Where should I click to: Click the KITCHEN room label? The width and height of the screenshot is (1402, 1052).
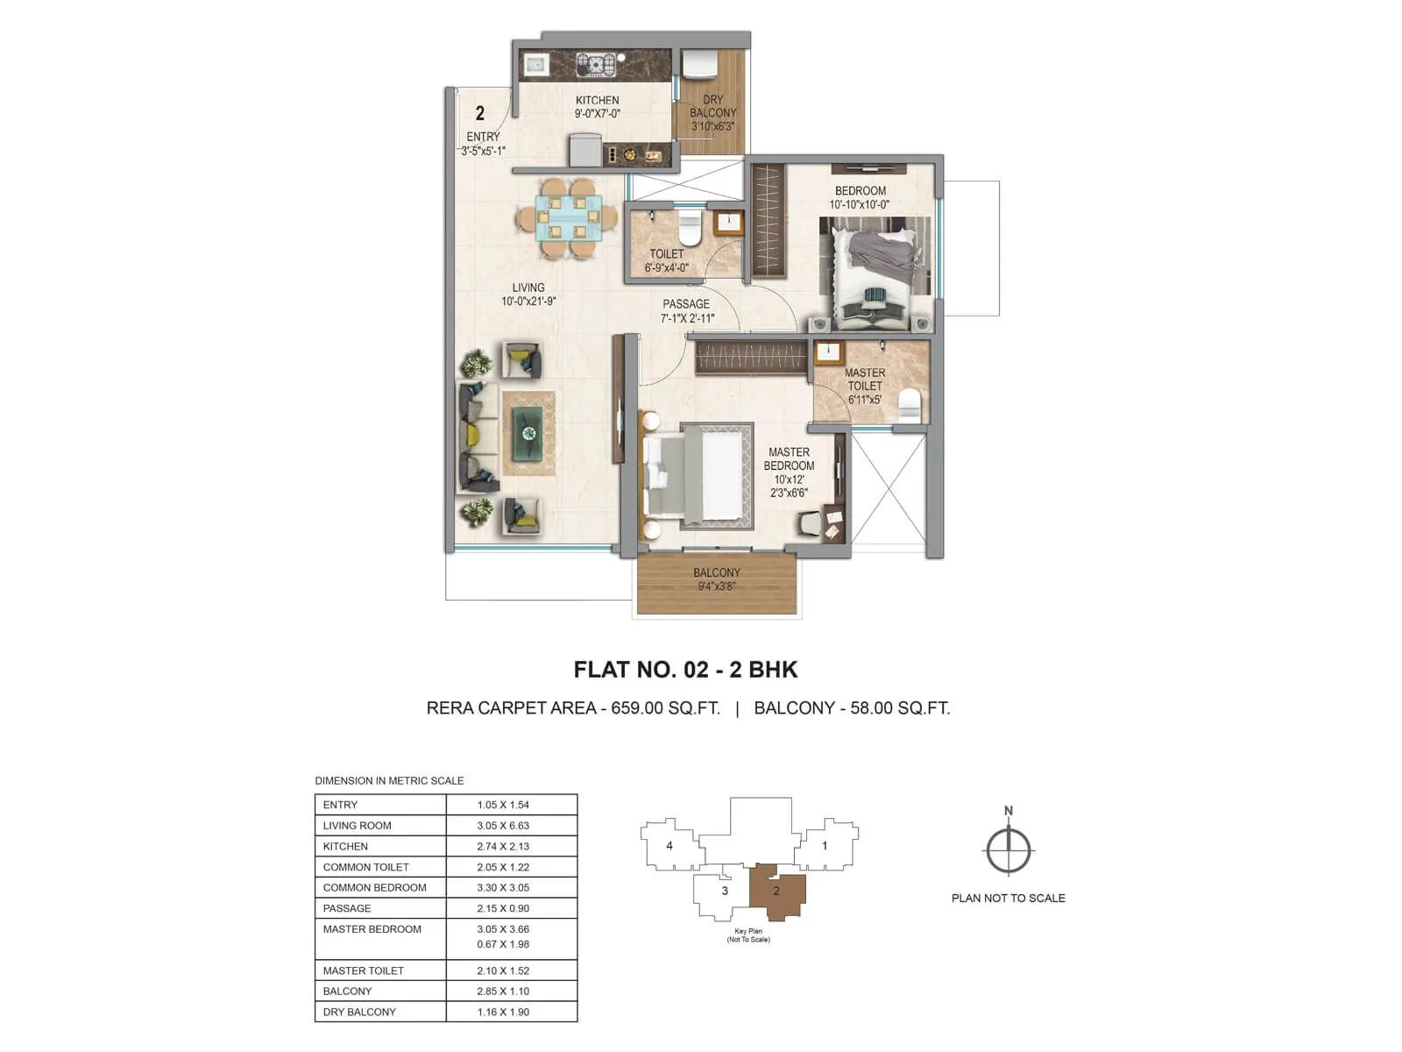pos(597,100)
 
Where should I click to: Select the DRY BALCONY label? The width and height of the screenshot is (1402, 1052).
pos(712,106)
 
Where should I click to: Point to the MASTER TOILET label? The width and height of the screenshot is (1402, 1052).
pos(864,379)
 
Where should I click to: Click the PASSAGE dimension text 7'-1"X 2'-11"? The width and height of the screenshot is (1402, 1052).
pos(687,318)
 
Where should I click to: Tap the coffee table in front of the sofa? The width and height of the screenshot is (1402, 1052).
pos(528,432)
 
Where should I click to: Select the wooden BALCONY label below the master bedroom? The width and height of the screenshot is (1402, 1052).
pos(716,572)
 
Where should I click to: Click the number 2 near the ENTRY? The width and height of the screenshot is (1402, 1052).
pos(479,113)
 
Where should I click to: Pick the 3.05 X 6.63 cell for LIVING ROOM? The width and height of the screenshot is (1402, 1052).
pos(503,825)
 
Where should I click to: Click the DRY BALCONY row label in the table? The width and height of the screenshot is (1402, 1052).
pos(359,1012)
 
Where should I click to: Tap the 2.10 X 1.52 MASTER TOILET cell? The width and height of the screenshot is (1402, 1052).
pos(503,970)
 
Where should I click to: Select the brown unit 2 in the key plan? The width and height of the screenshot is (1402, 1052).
pos(776,892)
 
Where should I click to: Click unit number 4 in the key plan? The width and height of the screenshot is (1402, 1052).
pos(669,846)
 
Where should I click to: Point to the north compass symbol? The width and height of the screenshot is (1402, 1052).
pos(1009,849)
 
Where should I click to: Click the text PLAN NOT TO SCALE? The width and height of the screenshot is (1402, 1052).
pos(1008,898)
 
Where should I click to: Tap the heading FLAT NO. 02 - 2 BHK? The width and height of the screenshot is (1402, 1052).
pos(685,670)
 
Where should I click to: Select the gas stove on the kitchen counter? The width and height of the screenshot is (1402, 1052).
pos(595,64)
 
